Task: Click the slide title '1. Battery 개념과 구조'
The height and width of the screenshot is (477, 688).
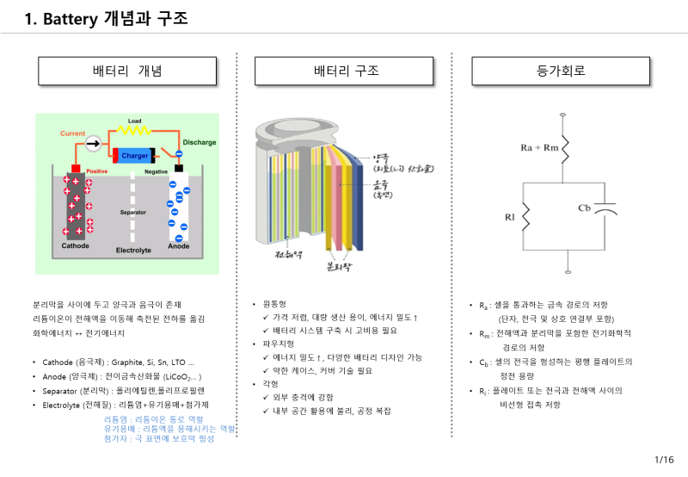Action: point(107,17)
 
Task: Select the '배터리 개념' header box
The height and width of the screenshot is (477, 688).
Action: point(127,70)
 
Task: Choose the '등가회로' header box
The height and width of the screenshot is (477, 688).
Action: point(561,70)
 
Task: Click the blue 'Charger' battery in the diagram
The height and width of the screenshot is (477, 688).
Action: point(134,156)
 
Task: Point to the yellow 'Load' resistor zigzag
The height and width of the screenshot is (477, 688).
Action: point(134,131)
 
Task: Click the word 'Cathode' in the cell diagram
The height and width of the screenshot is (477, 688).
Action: point(75,245)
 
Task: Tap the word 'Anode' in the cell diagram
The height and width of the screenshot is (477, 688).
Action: point(179,245)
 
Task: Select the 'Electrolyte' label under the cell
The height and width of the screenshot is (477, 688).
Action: point(133,250)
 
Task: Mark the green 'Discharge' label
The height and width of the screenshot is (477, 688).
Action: point(200,142)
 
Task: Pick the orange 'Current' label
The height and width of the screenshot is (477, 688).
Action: point(73,133)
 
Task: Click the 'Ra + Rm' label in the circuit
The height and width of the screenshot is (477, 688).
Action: point(538,148)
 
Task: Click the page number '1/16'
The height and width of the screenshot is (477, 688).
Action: point(665,460)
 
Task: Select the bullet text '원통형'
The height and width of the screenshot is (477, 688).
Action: point(277,304)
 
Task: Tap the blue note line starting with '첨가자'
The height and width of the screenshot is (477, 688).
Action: point(159,438)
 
